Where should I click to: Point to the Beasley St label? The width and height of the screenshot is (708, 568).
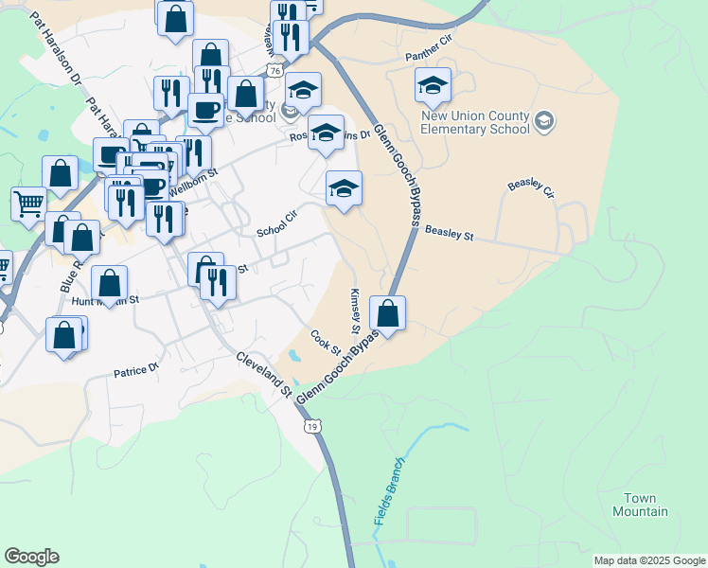[449, 230]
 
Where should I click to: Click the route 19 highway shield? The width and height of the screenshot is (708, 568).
[312, 427]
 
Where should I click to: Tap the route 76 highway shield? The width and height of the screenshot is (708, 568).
[274, 71]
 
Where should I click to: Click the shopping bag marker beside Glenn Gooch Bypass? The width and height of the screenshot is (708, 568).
[387, 312]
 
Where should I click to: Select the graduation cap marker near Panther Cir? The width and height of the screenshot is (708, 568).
[432, 87]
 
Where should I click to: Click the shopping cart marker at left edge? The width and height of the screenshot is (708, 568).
[28, 203]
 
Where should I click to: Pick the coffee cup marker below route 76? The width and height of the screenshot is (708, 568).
[204, 110]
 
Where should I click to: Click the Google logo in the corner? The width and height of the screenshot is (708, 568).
[31, 557]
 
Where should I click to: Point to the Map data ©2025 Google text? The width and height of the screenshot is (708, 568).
[649, 560]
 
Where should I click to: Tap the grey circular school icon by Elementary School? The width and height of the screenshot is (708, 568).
[543, 120]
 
